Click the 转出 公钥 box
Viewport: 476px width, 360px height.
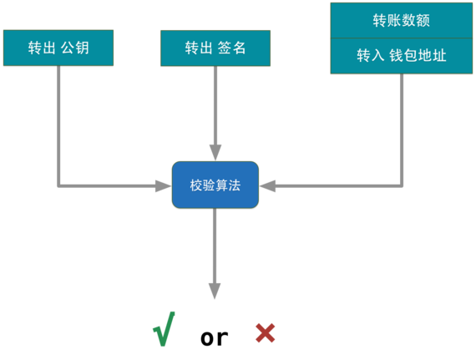coord(58,48)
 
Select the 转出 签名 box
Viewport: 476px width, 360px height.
coord(215,48)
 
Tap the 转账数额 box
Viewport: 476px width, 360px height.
coord(401,20)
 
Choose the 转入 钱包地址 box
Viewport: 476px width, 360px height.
coord(401,56)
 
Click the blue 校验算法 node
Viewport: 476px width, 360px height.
coord(215,185)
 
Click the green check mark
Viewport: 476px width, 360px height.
coord(165,328)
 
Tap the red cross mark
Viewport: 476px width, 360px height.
coord(265,332)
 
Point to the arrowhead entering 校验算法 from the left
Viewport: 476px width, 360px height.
coord(163,185)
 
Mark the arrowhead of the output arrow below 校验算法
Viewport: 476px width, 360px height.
coord(215,292)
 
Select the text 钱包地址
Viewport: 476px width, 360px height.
coord(417,56)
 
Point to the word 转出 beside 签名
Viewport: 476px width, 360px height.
coord(198,48)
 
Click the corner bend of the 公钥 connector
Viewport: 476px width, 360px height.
coord(58,185)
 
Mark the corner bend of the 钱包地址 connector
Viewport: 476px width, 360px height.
coord(402,185)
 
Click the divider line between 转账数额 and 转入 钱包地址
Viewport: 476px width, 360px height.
coord(401,38)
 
